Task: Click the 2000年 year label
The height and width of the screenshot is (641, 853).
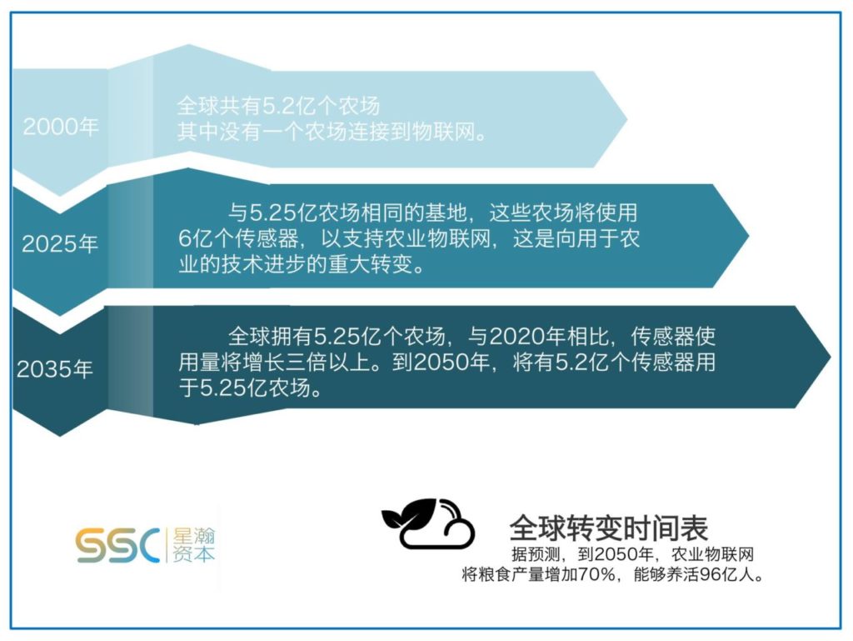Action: click(60, 127)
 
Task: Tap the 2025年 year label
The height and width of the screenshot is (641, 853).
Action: click(60, 243)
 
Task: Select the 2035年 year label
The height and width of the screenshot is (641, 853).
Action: click(55, 369)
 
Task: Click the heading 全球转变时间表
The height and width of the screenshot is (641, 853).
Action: click(609, 527)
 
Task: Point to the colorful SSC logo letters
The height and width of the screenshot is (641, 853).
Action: click(117, 544)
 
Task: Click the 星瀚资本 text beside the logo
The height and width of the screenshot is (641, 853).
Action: click(193, 544)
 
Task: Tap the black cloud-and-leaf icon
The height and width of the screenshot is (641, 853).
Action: click(427, 523)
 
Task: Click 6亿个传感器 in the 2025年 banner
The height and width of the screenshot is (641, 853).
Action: click(238, 238)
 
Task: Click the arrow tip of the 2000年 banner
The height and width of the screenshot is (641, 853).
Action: click(626, 118)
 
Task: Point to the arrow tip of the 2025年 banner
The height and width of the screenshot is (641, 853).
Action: click(748, 236)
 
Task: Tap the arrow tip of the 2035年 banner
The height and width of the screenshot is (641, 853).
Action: click(830, 357)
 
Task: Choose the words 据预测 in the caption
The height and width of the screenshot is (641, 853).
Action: click(536, 554)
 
